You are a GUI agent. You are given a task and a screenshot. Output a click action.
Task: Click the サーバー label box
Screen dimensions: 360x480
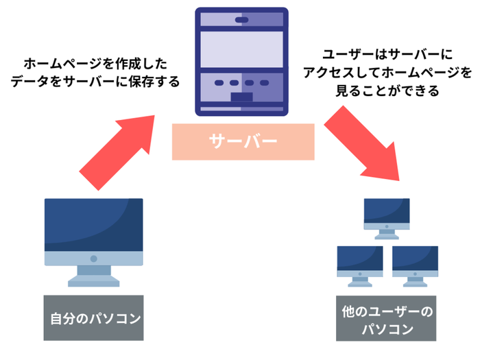coord(243,142)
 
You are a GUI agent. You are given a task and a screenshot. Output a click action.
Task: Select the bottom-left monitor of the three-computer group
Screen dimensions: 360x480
coord(359,261)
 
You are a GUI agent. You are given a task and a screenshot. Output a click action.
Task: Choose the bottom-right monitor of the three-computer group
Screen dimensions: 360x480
coord(414,261)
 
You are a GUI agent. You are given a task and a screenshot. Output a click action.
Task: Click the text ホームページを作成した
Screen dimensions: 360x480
coord(94,64)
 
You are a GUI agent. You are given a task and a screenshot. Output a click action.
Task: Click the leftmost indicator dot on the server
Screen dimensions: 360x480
coord(219,83)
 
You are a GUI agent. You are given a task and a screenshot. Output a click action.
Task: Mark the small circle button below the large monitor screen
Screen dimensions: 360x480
coord(94,259)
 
